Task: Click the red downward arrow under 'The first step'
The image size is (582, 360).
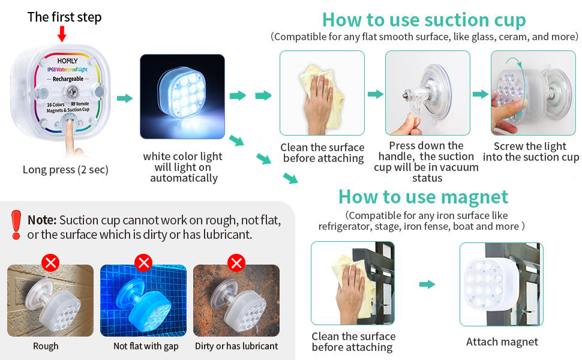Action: point(62,34)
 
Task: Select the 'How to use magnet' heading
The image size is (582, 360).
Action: point(423,197)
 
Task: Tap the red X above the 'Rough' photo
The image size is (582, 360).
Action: point(50,262)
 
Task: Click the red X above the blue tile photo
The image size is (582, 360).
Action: point(143,262)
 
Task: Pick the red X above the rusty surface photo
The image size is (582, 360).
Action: point(237,262)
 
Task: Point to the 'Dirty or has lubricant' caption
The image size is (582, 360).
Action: point(236,346)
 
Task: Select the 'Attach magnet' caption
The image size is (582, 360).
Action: point(502,342)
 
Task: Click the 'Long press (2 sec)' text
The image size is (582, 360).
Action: point(65,170)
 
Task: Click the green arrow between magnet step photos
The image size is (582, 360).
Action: point(427,284)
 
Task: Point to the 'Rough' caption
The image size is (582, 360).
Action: point(46,346)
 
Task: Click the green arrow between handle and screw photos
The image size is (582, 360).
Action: point(479,94)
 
